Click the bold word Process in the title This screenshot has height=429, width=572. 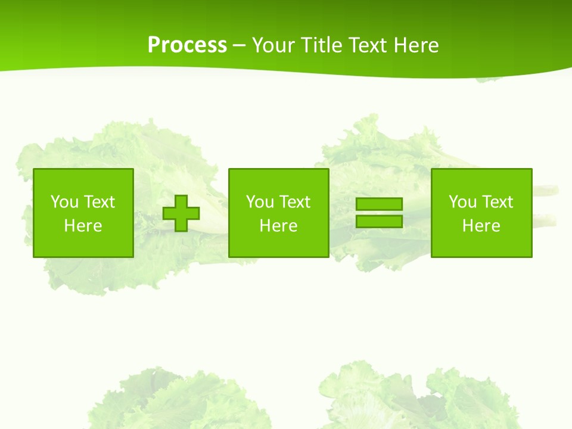(x=187, y=45)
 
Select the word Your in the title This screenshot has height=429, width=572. (x=272, y=45)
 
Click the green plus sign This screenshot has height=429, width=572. (x=181, y=213)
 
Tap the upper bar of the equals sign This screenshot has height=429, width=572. (x=379, y=204)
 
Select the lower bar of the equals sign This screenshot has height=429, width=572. (x=379, y=221)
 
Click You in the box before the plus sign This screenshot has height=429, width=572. (x=64, y=202)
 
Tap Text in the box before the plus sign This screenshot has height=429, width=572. (x=98, y=202)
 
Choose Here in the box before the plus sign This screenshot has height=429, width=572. (x=83, y=226)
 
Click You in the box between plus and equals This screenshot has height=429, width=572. (x=260, y=202)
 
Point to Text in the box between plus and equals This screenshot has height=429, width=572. (x=294, y=202)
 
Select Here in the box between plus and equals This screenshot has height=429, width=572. (x=278, y=226)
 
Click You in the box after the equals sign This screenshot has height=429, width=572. (x=462, y=202)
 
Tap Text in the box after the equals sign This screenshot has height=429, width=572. (x=496, y=202)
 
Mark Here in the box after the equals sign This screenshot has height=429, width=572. (x=481, y=226)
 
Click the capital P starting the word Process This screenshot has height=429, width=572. (x=154, y=45)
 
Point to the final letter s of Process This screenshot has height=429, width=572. (x=222, y=46)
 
